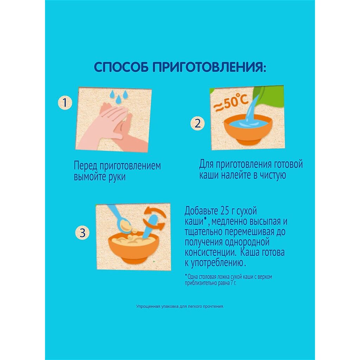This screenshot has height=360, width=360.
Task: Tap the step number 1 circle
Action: pyautogui.click(x=65, y=102)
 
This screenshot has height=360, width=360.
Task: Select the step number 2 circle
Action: pyautogui.click(x=198, y=123)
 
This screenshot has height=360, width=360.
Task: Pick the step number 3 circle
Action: pyautogui.click(x=82, y=233)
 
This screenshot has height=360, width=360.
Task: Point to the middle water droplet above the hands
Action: pyautogui.click(x=119, y=99)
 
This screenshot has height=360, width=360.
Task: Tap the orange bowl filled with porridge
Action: pyautogui.click(x=134, y=248)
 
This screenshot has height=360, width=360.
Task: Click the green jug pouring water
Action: pyautogui.click(x=269, y=96)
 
